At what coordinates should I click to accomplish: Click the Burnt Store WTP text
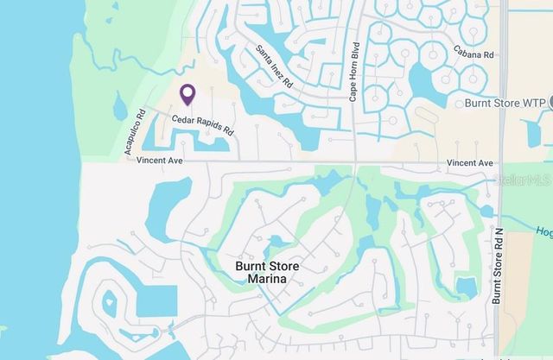coord(505,104)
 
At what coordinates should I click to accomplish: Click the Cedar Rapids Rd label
coord(203,124)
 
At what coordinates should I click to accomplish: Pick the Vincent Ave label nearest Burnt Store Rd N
coord(469,162)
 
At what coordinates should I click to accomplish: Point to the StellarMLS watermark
coord(521,180)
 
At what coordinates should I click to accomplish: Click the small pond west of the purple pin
coord(119,107)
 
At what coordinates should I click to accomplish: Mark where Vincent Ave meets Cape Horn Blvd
coord(354,161)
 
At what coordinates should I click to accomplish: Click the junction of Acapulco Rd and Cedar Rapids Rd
coord(144,109)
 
